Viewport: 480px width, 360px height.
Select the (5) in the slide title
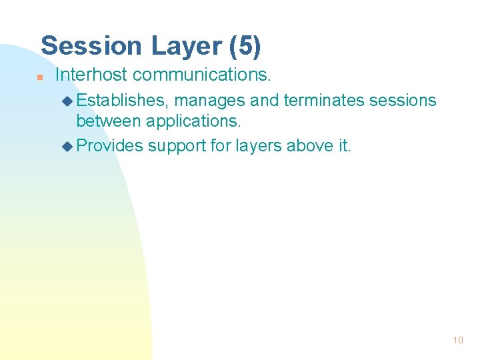[245, 46]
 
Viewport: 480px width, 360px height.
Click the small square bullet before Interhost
[40, 77]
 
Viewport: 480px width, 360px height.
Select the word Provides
[110, 145]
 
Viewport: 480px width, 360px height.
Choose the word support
[176, 146]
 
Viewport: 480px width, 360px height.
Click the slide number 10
[457, 340]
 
